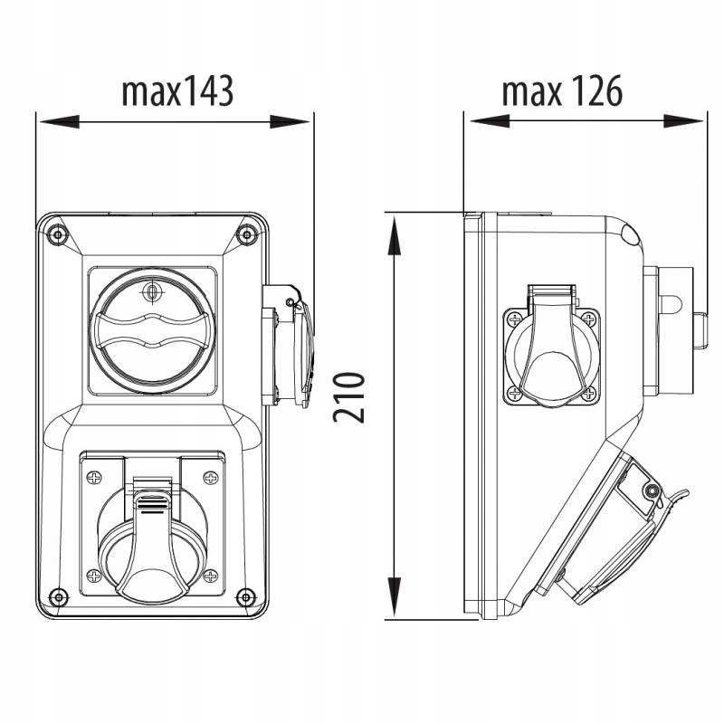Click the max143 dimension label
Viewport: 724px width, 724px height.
177,92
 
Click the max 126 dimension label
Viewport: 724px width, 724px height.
562,91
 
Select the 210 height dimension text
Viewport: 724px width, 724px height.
349,397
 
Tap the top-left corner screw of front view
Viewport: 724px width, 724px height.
58,235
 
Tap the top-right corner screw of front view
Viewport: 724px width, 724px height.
246,235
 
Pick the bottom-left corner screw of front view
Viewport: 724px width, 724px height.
58,597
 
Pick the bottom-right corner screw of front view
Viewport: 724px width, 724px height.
245,597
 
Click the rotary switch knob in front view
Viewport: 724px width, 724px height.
152,331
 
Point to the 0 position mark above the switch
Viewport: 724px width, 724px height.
151,292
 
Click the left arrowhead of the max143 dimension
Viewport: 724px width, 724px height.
60,122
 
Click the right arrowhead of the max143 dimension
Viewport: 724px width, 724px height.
290,122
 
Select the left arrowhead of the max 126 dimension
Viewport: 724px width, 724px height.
490,121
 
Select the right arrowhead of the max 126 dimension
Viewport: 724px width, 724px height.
683,121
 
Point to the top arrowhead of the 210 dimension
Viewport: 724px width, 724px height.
394,236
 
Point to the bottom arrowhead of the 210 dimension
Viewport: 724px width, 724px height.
394,596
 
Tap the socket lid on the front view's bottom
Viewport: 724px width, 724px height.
152,545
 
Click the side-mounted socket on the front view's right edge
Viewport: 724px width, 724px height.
288,346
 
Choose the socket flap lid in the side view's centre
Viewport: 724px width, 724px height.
551,347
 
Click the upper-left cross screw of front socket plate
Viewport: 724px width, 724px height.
94,478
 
